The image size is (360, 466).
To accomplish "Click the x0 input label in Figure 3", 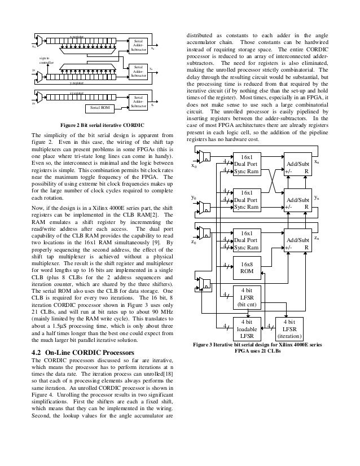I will (x=194, y=166).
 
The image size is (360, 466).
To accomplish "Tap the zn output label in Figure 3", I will (x=317, y=239).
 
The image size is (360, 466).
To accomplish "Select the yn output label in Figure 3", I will (x=317, y=198).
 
